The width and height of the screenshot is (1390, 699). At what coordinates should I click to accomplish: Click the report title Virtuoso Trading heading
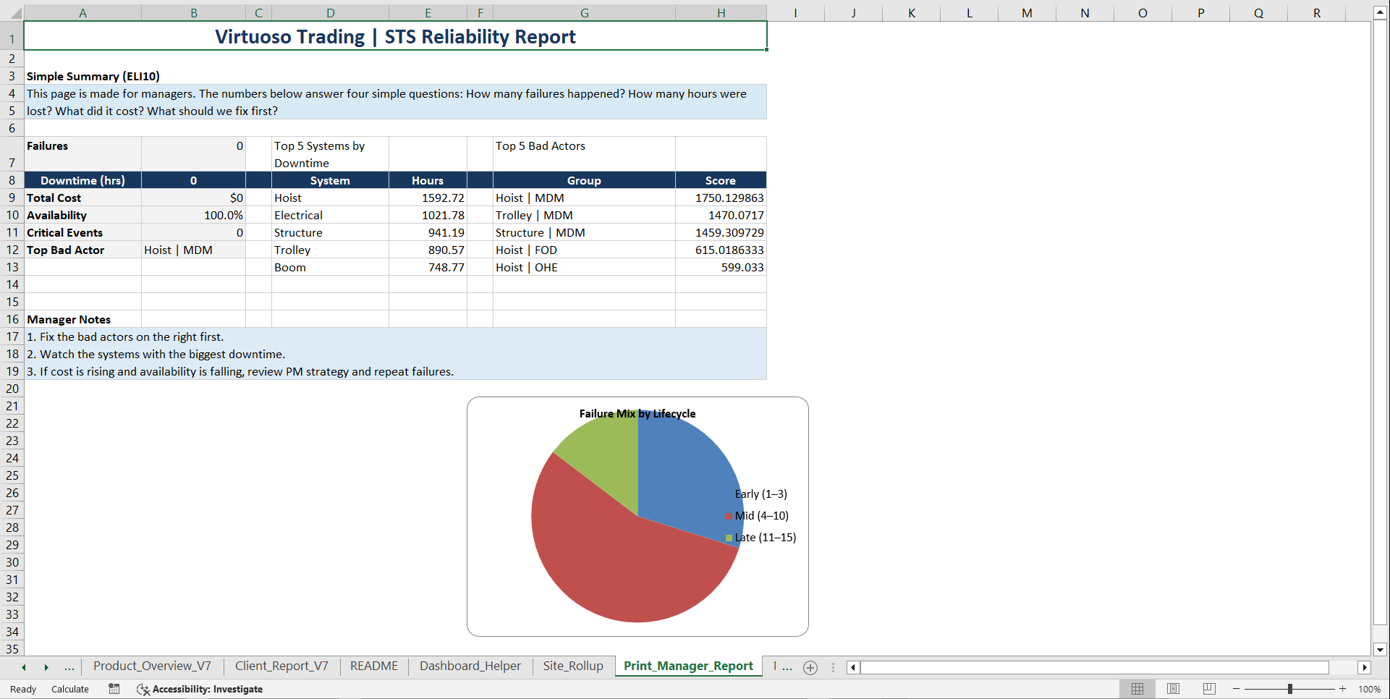tap(395, 37)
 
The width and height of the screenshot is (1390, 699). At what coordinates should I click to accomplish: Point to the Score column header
tap(720, 180)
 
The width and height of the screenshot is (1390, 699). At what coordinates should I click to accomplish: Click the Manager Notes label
tap(69, 319)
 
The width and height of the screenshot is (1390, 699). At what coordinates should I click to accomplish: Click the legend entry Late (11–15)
tap(765, 538)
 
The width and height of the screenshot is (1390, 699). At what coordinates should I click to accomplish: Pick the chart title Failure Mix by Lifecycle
tap(637, 414)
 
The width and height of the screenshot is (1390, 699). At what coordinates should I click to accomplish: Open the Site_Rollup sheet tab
tap(573, 666)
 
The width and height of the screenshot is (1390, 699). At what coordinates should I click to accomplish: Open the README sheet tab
tap(373, 666)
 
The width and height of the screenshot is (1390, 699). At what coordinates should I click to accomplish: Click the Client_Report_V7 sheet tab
tap(281, 666)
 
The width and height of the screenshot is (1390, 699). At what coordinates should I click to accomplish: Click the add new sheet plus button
tap(810, 667)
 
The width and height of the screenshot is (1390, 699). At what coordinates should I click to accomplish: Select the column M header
tap(1027, 13)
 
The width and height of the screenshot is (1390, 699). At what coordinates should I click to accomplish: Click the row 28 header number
tap(12, 528)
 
